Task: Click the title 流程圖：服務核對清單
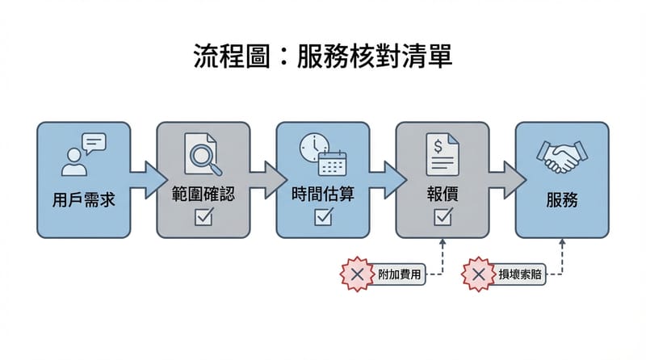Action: (x=322, y=57)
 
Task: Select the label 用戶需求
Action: (x=84, y=199)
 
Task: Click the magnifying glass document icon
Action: (x=203, y=154)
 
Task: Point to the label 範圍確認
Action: (x=203, y=195)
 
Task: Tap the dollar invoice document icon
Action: (x=443, y=154)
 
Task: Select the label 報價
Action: (x=443, y=195)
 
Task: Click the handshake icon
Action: (x=562, y=157)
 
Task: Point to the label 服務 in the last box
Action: (x=562, y=199)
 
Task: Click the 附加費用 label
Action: (x=400, y=275)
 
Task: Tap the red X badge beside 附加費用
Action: (x=358, y=275)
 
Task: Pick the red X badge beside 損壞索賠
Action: (x=478, y=275)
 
